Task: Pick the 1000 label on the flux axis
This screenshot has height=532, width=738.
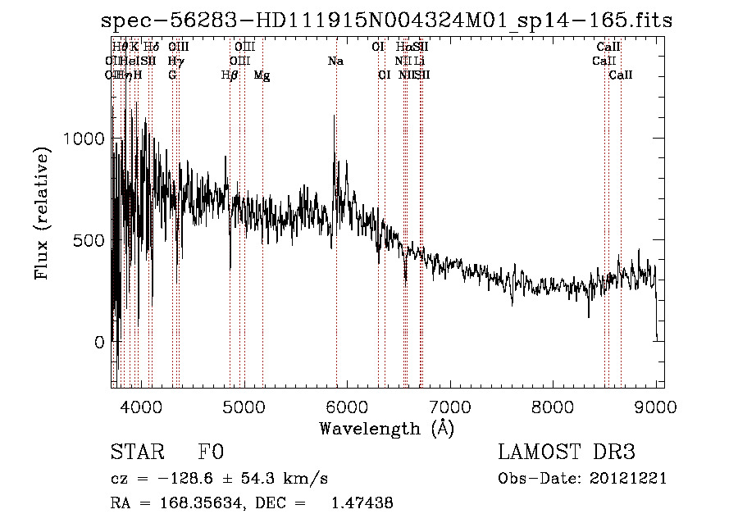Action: click(84, 139)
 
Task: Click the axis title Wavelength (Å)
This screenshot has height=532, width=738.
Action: click(386, 428)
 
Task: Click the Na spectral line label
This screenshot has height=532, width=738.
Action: click(335, 61)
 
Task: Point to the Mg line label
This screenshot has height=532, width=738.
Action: click(262, 75)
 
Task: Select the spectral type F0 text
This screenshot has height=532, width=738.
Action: click(211, 452)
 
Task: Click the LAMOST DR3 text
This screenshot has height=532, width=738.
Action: click(566, 452)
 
